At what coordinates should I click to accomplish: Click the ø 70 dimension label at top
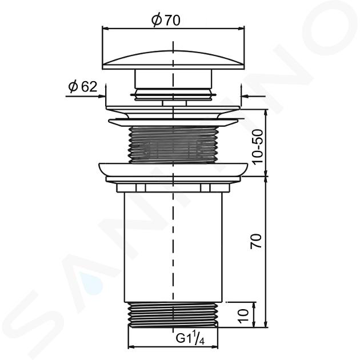tap(166, 20)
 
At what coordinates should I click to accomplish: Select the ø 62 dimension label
tap(83, 86)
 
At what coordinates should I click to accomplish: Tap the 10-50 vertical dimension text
tap(258, 146)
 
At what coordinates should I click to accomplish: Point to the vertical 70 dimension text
tap(256, 241)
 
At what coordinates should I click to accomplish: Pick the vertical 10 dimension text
tap(243, 316)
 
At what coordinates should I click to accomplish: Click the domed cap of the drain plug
tap(173, 60)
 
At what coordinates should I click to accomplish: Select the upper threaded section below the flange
tap(173, 144)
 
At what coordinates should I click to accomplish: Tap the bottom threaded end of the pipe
tap(173, 315)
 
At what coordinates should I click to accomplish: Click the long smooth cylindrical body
tap(173, 247)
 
